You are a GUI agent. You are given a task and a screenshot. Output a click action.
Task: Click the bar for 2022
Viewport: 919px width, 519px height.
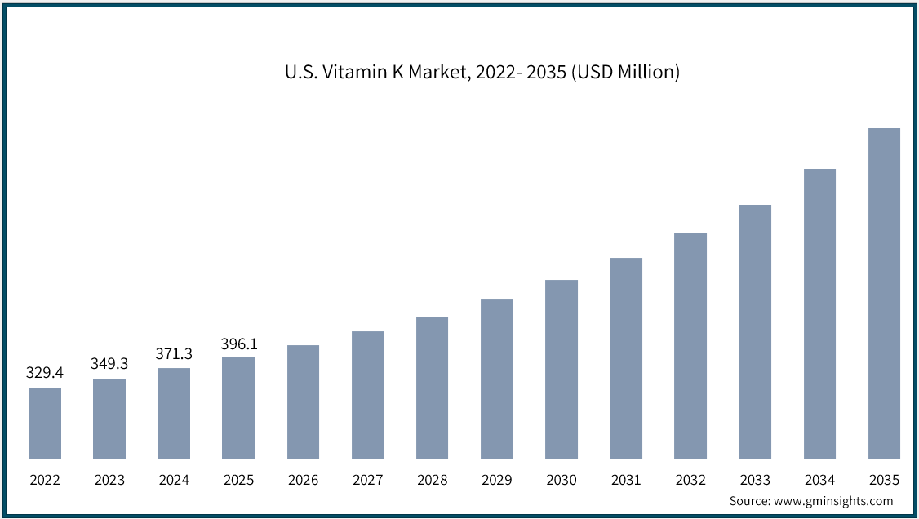(45, 423)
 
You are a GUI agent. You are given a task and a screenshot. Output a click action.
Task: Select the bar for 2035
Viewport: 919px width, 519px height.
(884, 293)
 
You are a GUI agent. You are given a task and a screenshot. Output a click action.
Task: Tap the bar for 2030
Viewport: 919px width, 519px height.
(562, 369)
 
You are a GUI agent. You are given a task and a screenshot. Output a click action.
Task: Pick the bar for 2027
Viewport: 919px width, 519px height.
(367, 395)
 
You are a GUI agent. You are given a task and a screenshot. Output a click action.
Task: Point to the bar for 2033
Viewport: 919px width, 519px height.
(755, 331)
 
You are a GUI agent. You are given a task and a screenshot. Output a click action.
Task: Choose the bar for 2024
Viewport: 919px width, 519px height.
(174, 413)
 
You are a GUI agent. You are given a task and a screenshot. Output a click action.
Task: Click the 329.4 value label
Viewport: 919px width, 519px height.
(45, 373)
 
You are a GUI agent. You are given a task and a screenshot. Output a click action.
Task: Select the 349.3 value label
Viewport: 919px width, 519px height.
(109, 364)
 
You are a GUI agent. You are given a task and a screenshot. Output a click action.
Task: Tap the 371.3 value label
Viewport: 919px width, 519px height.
(174, 353)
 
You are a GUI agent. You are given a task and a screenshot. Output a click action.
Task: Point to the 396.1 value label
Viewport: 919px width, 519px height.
(238, 344)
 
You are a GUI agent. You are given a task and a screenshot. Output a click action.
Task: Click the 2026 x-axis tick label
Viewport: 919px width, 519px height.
(303, 481)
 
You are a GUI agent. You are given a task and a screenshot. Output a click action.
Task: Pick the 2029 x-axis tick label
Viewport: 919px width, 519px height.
(497, 481)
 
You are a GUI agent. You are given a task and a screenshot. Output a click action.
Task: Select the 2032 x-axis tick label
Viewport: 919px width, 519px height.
(690, 481)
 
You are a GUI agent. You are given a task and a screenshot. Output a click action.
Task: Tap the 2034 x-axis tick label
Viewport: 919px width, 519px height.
(819, 481)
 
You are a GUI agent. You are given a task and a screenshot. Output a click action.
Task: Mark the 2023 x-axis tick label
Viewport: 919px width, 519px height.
(109, 481)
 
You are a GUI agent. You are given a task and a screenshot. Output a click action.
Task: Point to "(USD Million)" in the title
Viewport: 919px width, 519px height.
(625, 72)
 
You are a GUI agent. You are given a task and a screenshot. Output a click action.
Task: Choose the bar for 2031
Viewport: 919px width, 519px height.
(626, 358)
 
